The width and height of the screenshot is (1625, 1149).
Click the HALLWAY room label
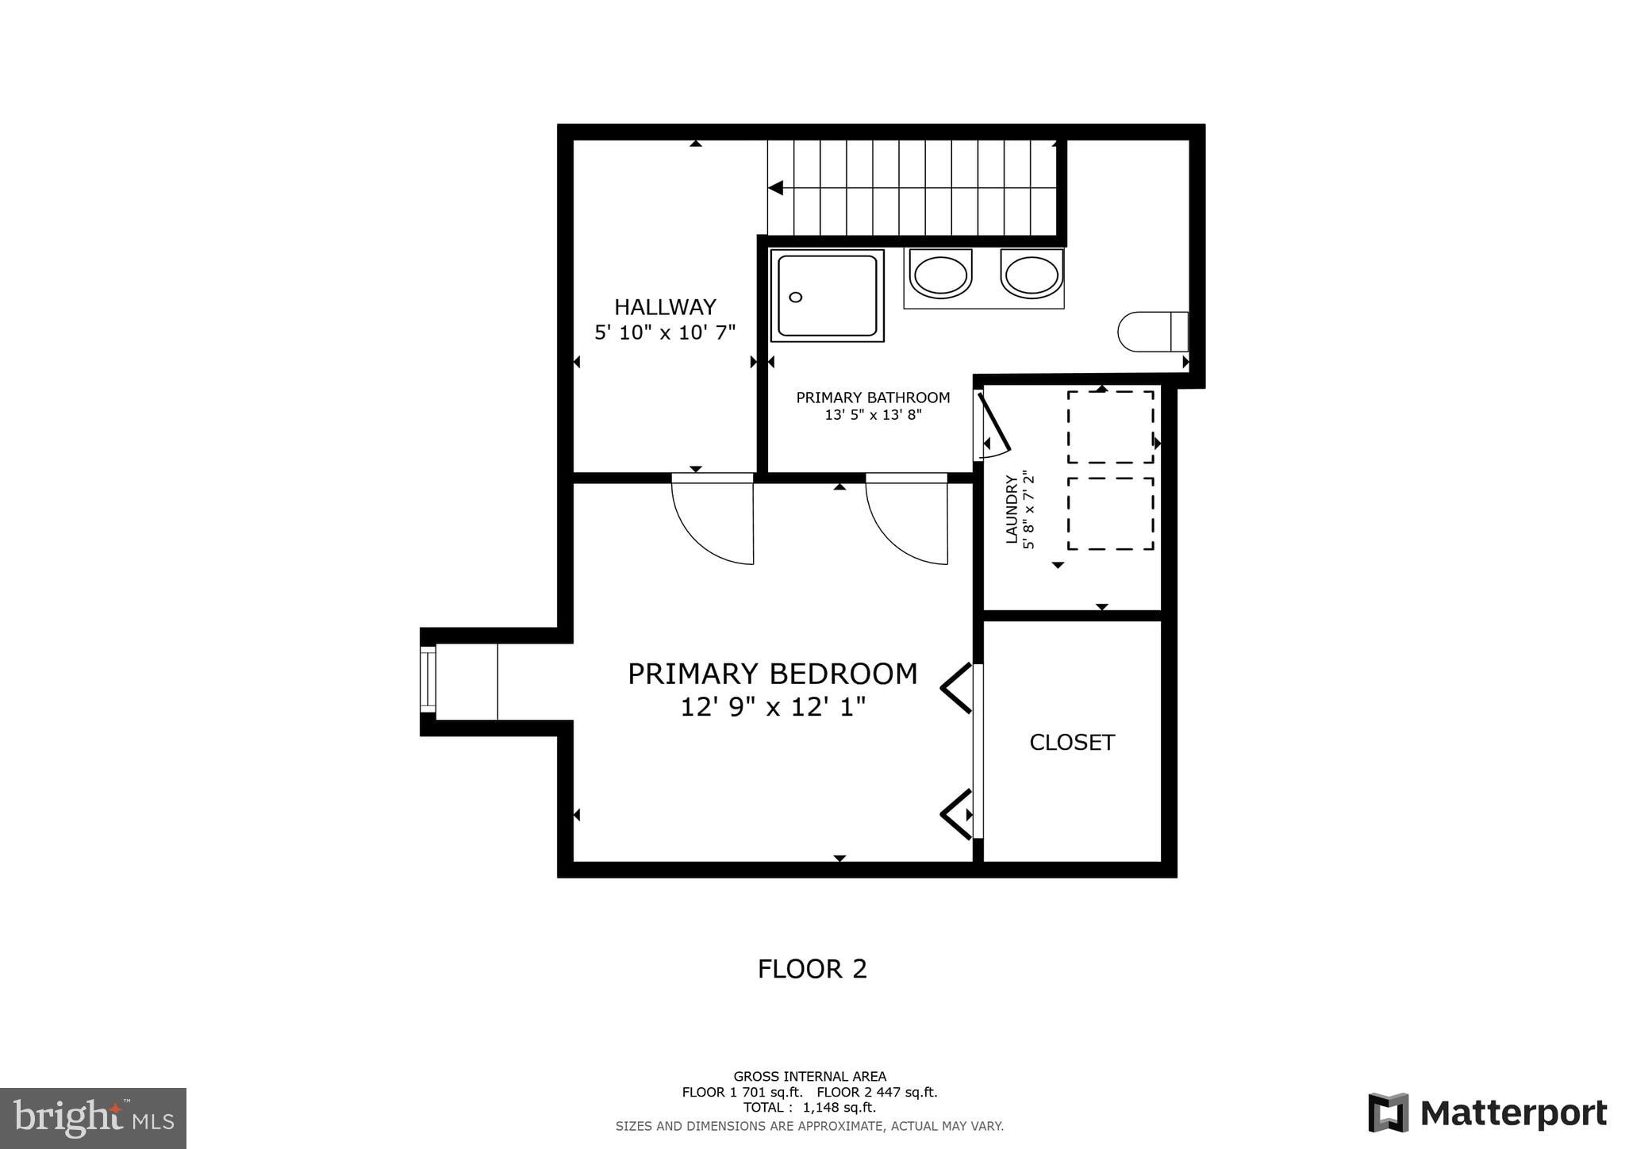(665, 307)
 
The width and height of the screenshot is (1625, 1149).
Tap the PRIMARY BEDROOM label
(772, 674)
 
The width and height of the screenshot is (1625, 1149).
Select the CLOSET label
(1072, 743)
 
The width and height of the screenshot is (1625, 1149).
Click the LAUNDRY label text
(1012, 509)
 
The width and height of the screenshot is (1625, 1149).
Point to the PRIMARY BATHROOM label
(873, 398)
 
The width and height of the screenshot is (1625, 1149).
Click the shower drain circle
(796, 297)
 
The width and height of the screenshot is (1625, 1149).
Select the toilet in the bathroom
(1152, 332)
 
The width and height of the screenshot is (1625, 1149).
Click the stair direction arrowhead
(776, 188)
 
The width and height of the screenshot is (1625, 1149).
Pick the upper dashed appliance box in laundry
(1110, 427)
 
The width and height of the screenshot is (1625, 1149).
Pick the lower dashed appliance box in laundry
(1110, 513)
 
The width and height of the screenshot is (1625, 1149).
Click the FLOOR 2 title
(812, 969)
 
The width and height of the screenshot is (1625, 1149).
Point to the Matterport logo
(1487, 1113)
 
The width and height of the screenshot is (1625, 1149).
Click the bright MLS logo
(93, 1118)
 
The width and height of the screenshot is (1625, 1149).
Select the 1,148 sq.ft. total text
(840, 1108)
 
